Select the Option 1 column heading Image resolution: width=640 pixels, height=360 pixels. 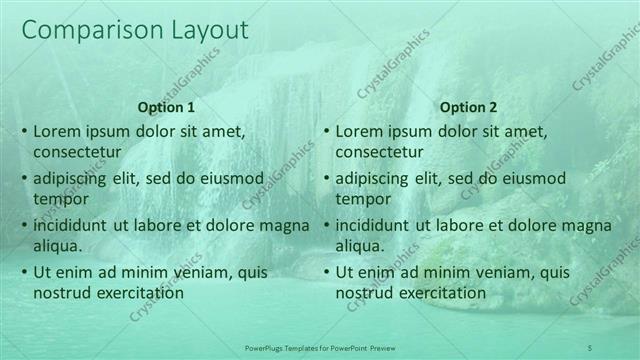click(x=165, y=107)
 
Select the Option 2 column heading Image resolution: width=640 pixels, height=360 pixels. click(x=467, y=107)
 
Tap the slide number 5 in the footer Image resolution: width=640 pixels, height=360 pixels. click(x=590, y=347)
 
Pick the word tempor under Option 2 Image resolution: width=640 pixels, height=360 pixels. click(x=362, y=198)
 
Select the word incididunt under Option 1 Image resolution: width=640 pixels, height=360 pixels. click(x=71, y=225)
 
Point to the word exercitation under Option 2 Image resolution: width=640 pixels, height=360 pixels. click(x=439, y=293)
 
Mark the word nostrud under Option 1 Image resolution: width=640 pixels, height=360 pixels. click(x=61, y=293)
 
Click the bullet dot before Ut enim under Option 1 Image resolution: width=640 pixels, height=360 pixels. click(x=24, y=272)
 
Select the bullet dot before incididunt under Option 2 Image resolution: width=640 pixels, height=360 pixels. click(x=326, y=225)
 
